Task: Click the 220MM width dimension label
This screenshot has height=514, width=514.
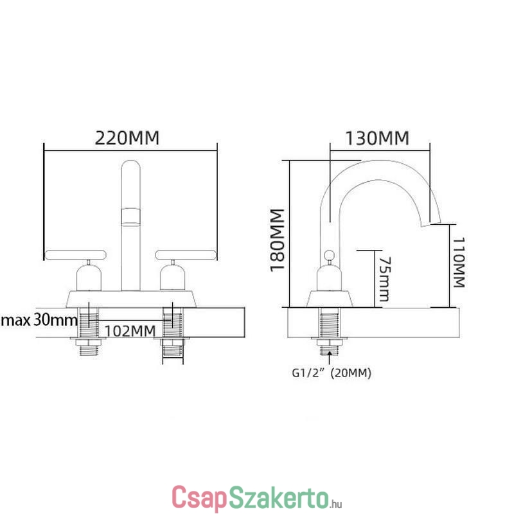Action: tap(127, 138)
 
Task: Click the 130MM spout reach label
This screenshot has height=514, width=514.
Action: tap(377, 138)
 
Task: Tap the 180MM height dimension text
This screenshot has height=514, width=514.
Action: tap(277, 240)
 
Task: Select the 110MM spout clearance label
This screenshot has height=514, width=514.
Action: tap(459, 262)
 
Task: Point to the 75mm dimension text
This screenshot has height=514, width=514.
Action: tap(385, 279)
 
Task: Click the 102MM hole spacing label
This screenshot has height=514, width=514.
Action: tap(130, 331)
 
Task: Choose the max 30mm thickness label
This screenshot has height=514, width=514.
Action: tap(39, 319)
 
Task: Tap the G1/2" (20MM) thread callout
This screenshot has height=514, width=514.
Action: tap(332, 373)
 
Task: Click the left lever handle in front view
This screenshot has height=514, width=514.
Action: tap(75, 255)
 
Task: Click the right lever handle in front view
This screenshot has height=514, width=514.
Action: tap(186, 255)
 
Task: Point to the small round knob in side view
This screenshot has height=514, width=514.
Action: tap(329, 254)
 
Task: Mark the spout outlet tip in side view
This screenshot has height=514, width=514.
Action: tap(430, 224)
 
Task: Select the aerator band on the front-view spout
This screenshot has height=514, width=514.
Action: tap(131, 217)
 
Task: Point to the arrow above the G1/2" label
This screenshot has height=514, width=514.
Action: tap(329, 358)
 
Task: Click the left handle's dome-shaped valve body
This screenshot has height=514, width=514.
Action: tap(89, 278)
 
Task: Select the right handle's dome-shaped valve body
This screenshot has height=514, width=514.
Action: tap(173, 278)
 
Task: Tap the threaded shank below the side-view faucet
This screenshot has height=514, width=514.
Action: tap(330, 331)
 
